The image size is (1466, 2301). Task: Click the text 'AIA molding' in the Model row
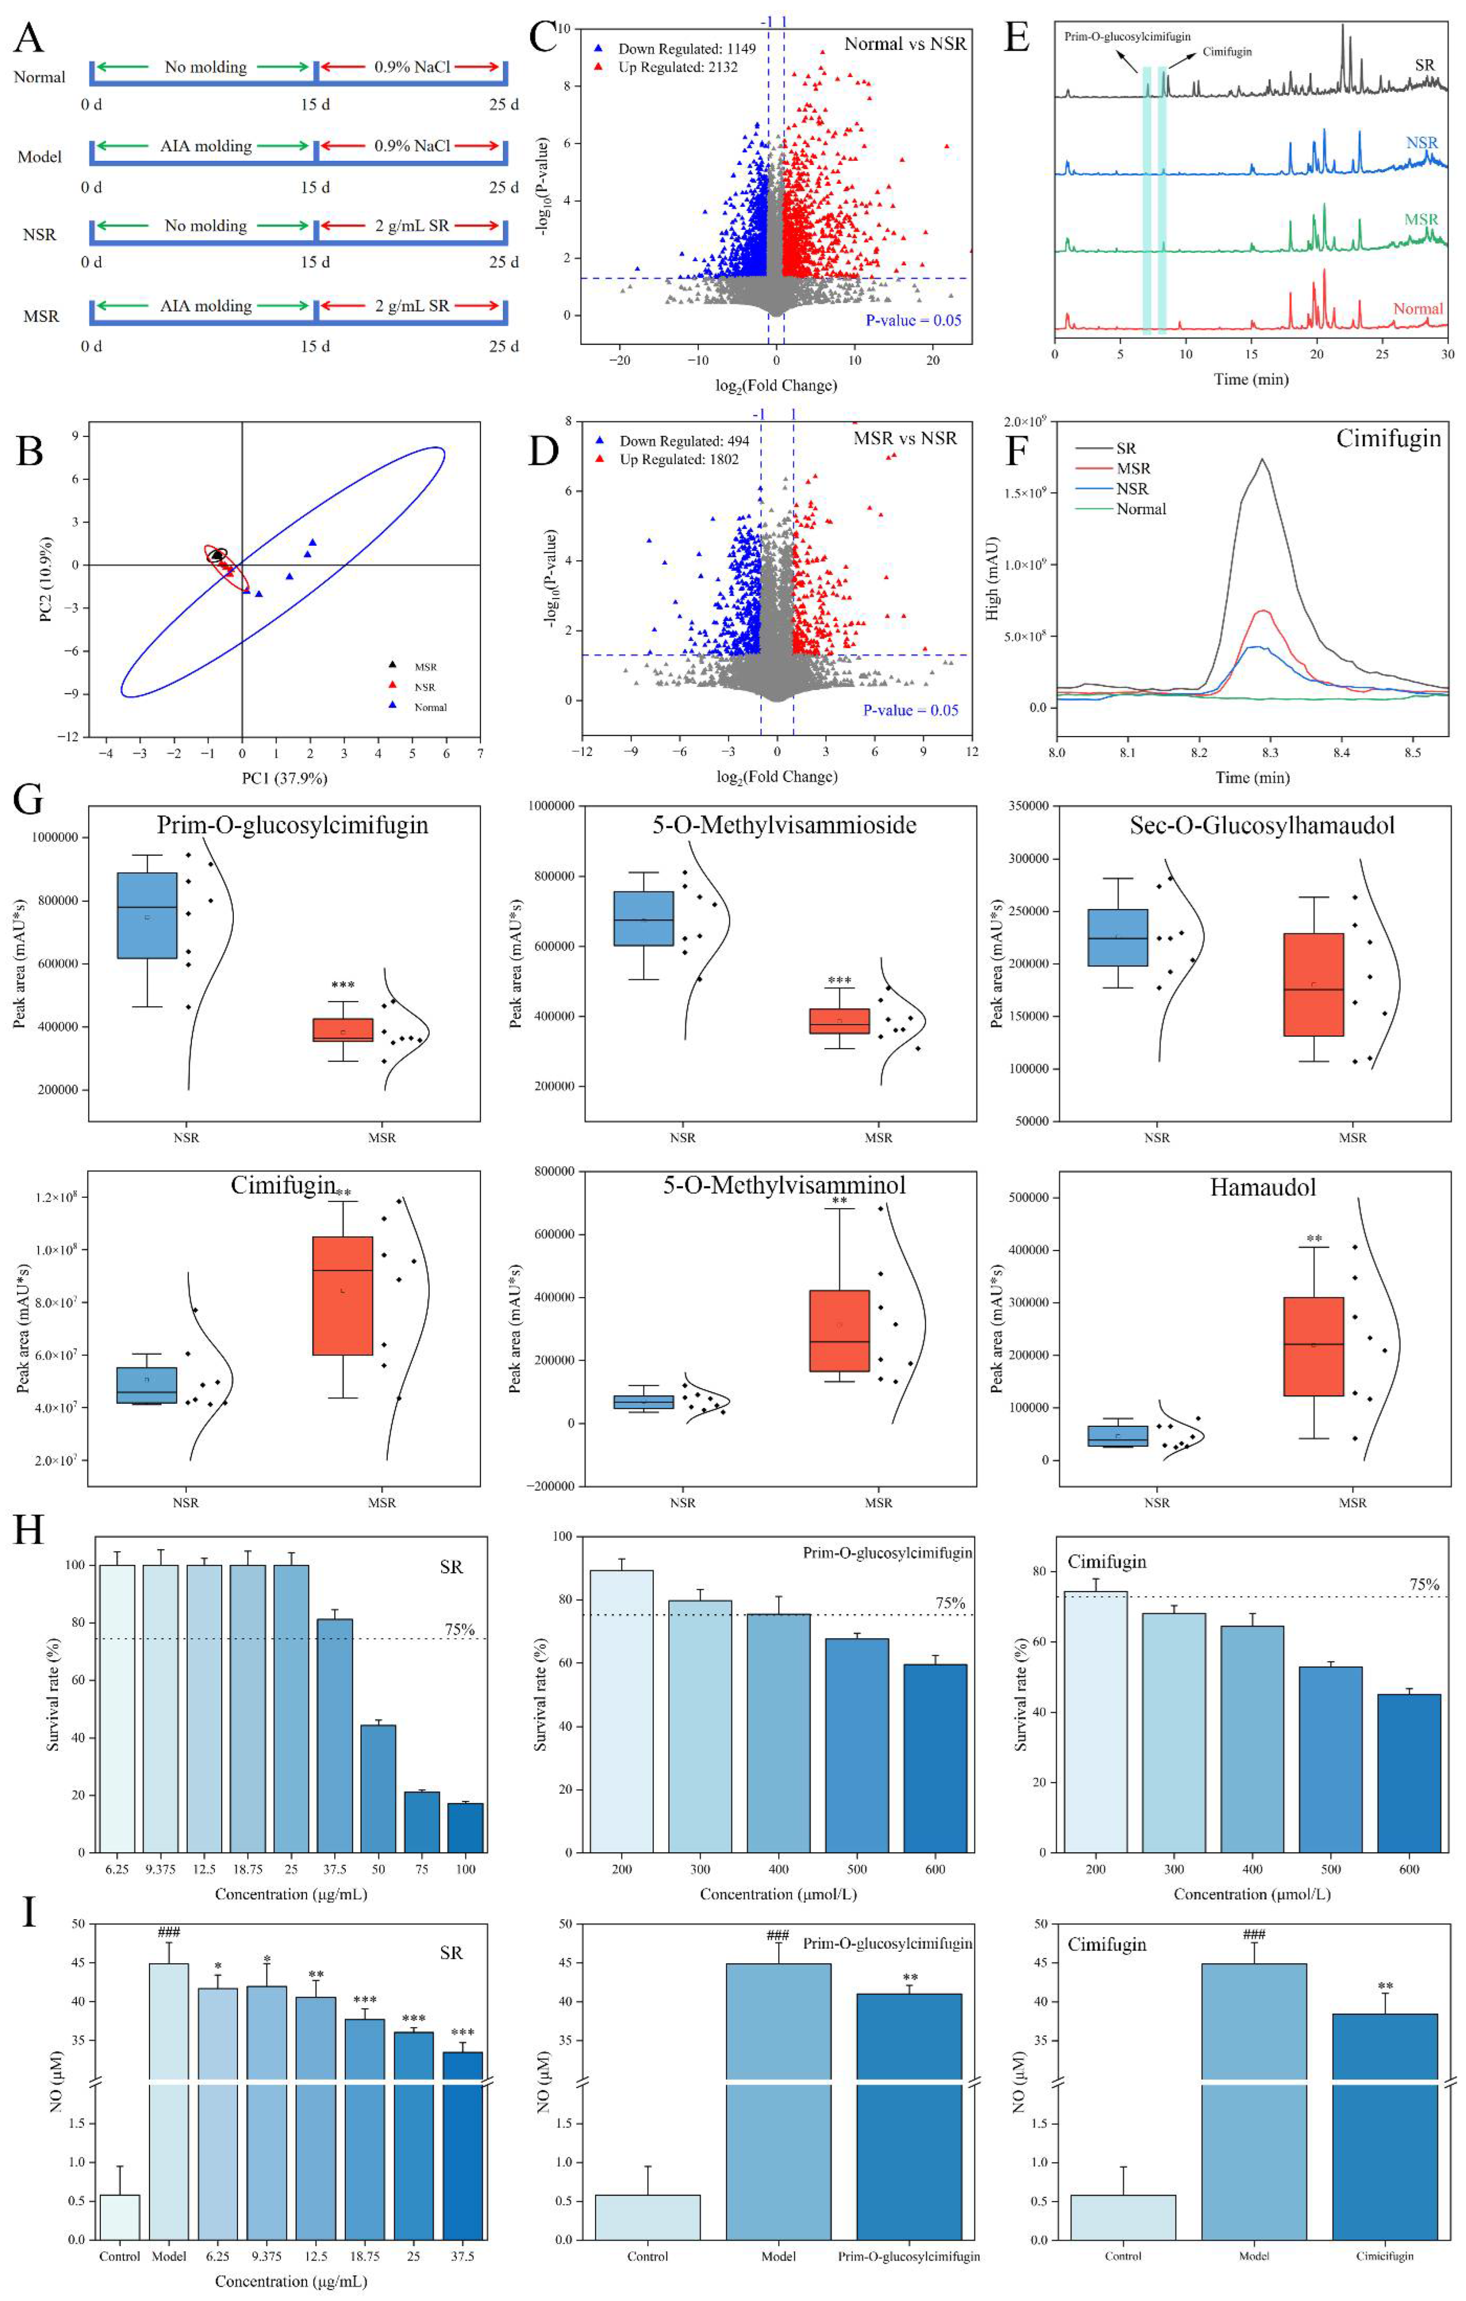point(206,146)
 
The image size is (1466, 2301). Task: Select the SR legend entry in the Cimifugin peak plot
point(1125,448)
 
